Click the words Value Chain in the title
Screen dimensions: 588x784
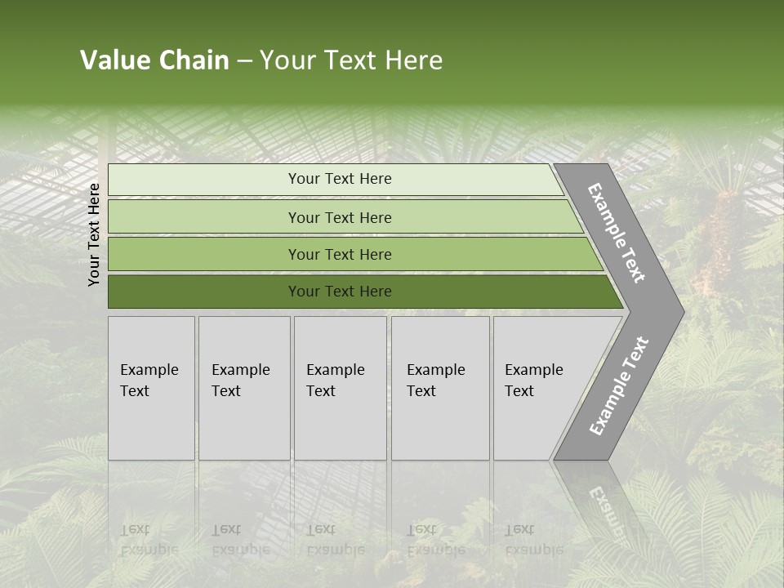[x=154, y=60]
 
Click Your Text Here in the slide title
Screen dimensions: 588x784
[x=351, y=60]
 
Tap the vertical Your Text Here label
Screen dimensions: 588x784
[x=94, y=234]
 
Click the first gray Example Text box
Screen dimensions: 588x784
[x=151, y=388]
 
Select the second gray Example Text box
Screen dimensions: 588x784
[x=243, y=388]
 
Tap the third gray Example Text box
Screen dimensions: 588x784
[x=340, y=388]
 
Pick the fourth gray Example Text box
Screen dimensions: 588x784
[x=439, y=388]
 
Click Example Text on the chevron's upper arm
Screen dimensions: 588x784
[x=617, y=233]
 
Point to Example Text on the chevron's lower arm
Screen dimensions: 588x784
[x=619, y=386]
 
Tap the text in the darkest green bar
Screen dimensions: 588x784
[x=340, y=292]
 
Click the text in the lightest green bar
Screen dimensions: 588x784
[x=340, y=179]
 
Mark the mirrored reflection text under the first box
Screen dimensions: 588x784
[x=149, y=539]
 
